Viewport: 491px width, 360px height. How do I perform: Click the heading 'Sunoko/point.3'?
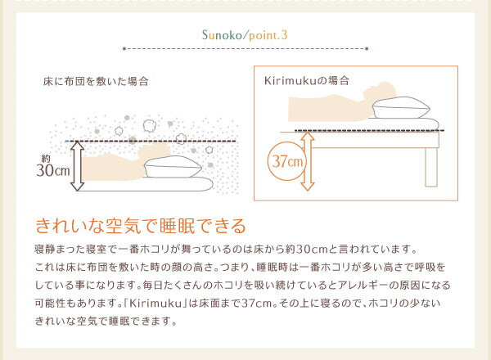(245, 35)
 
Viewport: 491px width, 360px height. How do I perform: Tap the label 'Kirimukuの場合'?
(307, 81)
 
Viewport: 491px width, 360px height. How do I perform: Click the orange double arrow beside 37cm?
(308, 161)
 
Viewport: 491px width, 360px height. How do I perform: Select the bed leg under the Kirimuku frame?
(432, 168)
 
